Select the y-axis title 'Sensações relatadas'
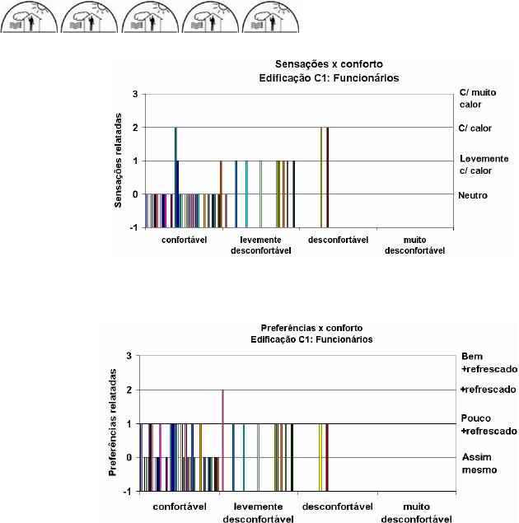(x=120, y=161)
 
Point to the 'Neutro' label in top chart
(x=474, y=195)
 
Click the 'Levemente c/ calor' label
(x=484, y=163)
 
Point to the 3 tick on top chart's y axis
(x=134, y=95)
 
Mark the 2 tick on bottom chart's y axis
(x=129, y=390)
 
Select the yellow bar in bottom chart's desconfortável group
(x=320, y=457)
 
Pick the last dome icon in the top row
(x=272, y=16)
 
